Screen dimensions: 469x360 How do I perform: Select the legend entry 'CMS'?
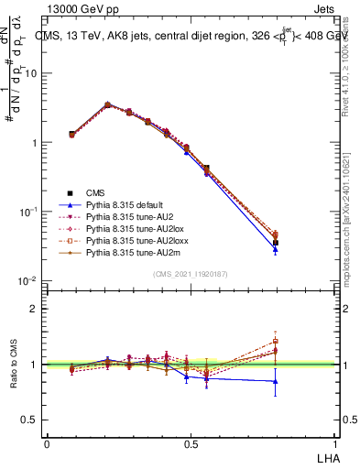(96, 192)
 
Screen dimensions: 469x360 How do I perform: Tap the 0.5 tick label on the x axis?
(190, 442)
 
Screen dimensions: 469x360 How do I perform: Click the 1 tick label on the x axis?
(333, 442)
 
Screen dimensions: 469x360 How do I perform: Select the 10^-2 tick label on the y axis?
(30, 280)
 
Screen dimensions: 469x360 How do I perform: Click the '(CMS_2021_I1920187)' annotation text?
(190, 273)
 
